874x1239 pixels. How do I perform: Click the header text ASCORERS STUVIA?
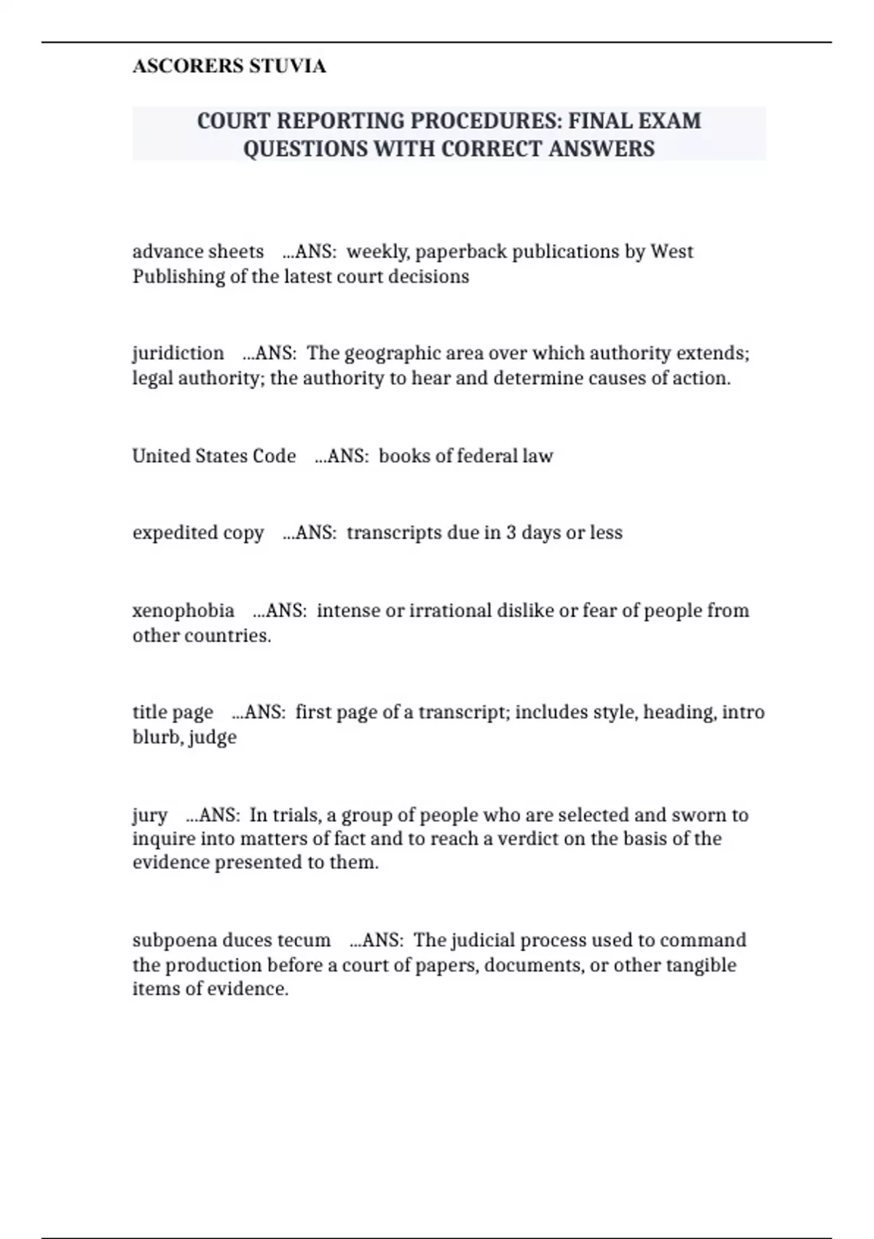[229, 66]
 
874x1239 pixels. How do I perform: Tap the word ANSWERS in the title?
[602, 149]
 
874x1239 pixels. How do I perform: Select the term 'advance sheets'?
[198, 251]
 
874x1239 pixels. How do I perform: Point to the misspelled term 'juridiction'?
[178, 353]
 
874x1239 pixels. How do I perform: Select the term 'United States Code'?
[214, 456]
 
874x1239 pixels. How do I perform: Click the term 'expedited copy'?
[198, 533]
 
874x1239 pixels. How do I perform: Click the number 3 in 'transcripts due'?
[511, 533]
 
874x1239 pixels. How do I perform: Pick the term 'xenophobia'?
[184, 610]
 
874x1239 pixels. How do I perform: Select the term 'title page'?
[173, 712]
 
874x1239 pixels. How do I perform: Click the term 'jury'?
[150, 815]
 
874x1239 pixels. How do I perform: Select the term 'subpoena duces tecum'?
[232, 940]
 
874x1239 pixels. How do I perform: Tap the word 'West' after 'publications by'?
[672, 251]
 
